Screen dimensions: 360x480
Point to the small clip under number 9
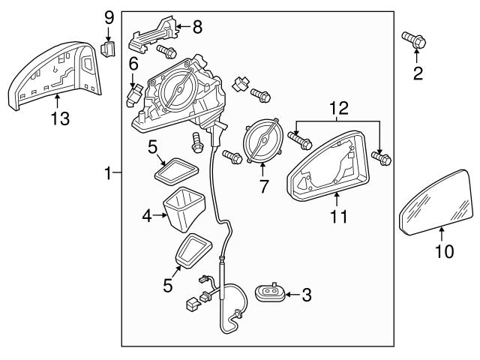[107, 50]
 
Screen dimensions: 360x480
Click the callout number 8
[196, 28]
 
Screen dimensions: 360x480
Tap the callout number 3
[305, 295]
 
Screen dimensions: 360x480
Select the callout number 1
[109, 173]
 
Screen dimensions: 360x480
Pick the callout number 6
[133, 64]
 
